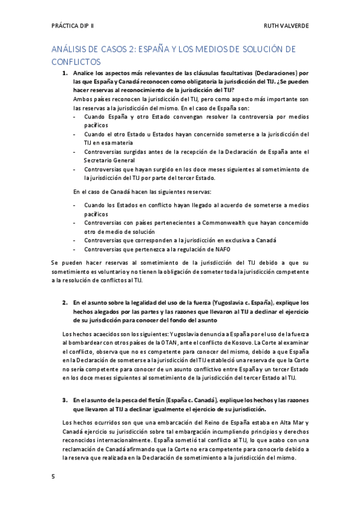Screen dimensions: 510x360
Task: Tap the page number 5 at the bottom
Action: [53, 476]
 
